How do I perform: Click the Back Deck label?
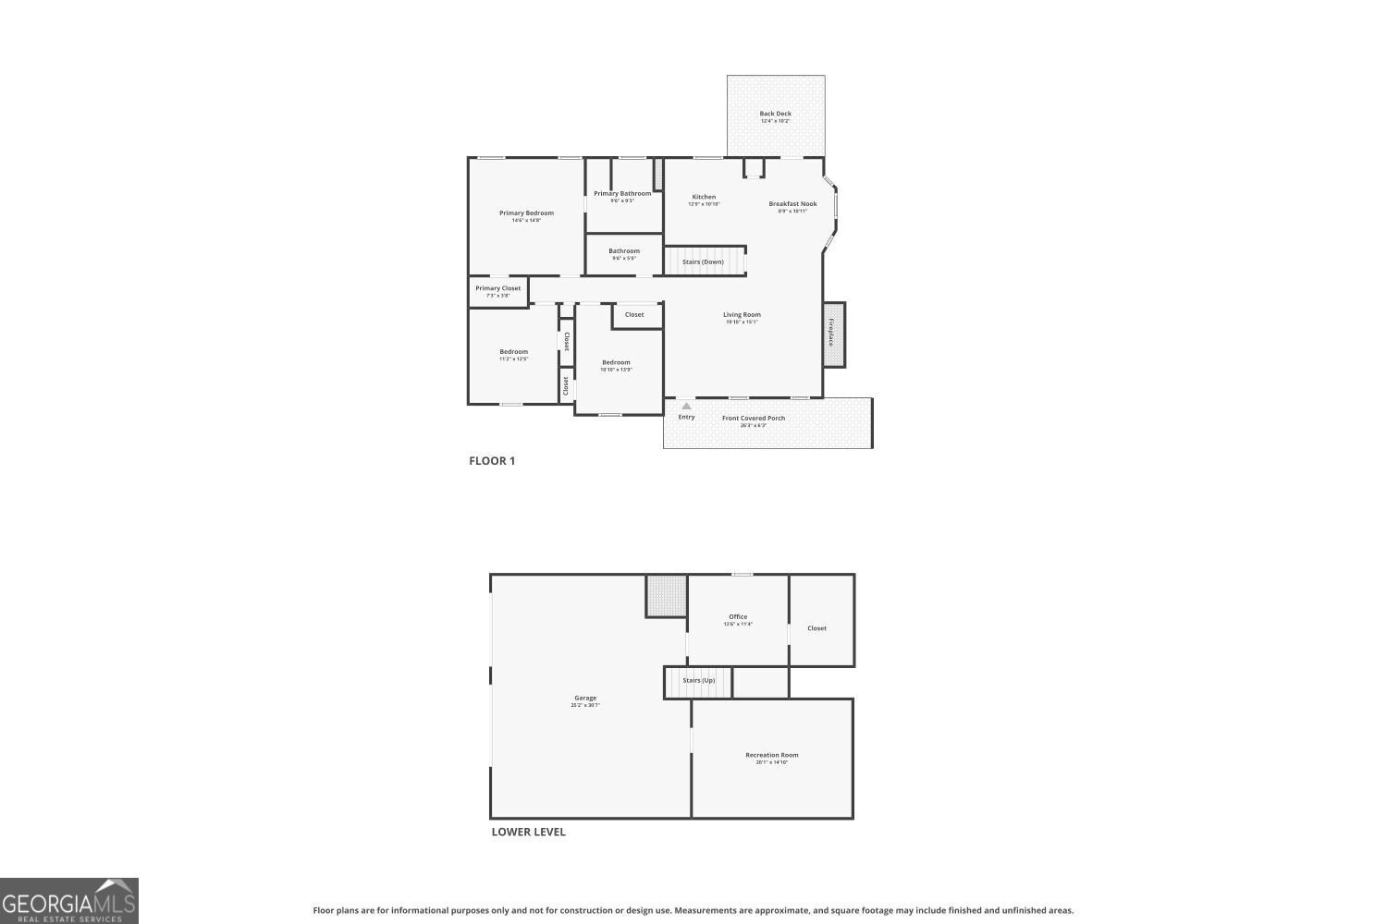click(775, 114)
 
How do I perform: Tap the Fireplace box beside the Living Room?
click(833, 334)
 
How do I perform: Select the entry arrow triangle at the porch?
click(686, 406)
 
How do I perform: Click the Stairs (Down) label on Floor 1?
click(703, 261)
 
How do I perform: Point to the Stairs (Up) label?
click(698, 681)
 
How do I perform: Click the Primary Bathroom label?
click(622, 194)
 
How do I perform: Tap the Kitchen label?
click(704, 197)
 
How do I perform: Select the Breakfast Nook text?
click(792, 204)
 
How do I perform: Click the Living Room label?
click(742, 315)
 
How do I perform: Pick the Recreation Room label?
click(771, 755)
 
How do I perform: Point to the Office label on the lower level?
click(738, 617)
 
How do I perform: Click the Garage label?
click(585, 699)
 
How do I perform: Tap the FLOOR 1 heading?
click(492, 461)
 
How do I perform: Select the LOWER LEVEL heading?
click(528, 832)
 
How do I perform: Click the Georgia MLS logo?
click(69, 901)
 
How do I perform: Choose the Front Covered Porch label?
click(754, 419)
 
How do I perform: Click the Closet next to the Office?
click(816, 628)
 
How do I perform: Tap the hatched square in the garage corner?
click(666, 596)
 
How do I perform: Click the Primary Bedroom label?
click(526, 213)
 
